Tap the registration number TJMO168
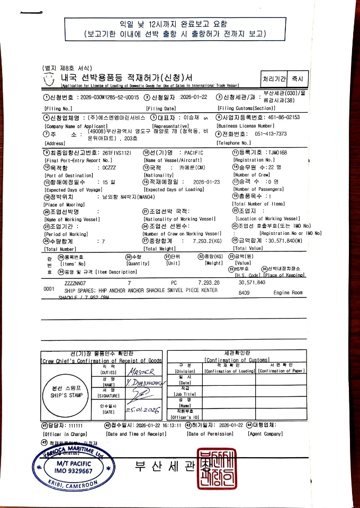tap(275, 153)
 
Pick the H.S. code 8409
tap(244, 292)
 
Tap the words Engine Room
tap(289, 292)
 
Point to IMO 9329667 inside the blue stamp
tap(75, 470)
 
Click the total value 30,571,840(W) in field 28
tap(275, 241)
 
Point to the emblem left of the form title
tap(49, 79)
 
